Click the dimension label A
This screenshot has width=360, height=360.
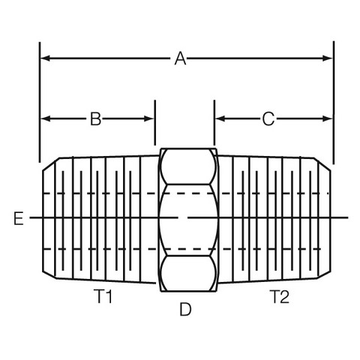(x=180, y=58)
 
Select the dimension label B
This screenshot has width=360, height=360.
(x=95, y=118)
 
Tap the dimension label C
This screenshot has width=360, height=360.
(x=268, y=118)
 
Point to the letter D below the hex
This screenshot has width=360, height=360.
(x=185, y=309)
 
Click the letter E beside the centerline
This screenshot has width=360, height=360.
(x=19, y=218)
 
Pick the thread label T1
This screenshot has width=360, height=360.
(x=103, y=296)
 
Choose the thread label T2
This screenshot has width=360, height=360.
(x=280, y=296)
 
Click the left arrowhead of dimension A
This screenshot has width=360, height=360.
(x=45, y=58)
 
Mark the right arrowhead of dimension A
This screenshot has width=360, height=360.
(x=328, y=58)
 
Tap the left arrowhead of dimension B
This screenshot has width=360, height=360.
(x=45, y=118)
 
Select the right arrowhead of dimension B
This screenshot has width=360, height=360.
(x=149, y=118)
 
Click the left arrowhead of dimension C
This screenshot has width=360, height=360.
(x=220, y=118)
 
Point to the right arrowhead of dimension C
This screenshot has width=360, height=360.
(x=328, y=118)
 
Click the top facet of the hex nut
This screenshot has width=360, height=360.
(x=188, y=166)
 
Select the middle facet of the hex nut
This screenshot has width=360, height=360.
(x=189, y=220)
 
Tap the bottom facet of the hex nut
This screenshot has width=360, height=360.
(x=188, y=273)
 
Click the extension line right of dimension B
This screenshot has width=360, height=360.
(x=155, y=122)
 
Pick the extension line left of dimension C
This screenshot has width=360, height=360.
(x=214, y=122)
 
